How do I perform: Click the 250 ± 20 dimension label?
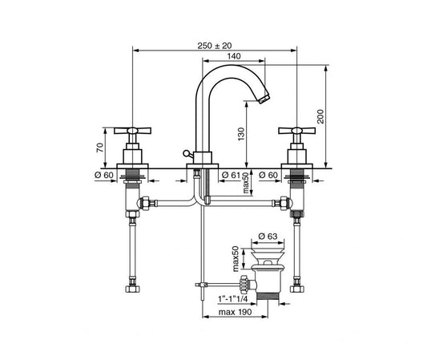click(x=215, y=46)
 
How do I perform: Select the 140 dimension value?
click(x=234, y=56)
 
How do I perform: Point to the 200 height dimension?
click(x=320, y=116)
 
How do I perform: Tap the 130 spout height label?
click(x=241, y=134)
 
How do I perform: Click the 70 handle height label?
click(x=100, y=148)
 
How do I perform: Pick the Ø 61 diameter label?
click(x=232, y=175)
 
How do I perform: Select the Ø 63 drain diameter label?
click(x=268, y=236)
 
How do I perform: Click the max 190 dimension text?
click(x=236, y=312)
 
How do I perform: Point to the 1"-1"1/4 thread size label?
click(x=232, y=299)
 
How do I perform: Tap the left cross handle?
click(x=133, y=131)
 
